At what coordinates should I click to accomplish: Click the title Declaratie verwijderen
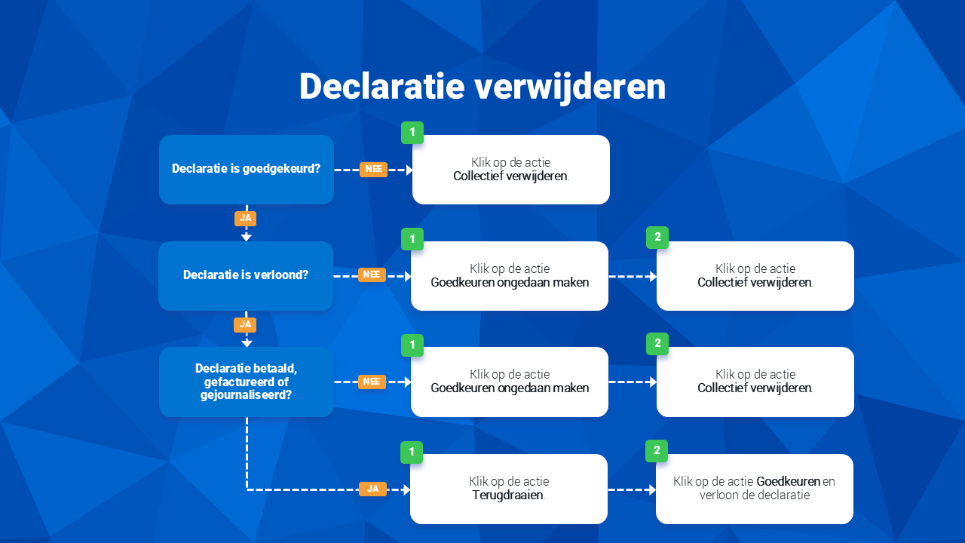coord(482,87)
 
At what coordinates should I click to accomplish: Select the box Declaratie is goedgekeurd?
coord(247,170)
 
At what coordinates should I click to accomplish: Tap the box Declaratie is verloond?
coord(246,276)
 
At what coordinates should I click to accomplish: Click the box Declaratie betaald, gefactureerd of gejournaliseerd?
coord(247,382)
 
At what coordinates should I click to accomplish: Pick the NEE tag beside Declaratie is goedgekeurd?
coord(373,170)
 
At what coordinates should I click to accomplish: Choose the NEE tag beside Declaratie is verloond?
coord(372,275)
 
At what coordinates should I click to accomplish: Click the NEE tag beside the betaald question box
coord(372,382)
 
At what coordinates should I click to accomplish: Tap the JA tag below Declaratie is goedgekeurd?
coord(246,219)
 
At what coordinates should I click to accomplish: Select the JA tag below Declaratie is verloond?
coord(245,325)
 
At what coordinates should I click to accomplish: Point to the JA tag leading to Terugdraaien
coord(372,489)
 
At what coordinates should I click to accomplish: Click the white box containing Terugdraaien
coord(509,489)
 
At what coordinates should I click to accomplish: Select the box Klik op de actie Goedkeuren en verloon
coord(755,489)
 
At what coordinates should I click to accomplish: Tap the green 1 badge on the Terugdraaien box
coord(412,452)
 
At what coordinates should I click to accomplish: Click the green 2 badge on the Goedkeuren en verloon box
coord(657,451)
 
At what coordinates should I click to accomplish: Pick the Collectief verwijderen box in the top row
coord(511,170)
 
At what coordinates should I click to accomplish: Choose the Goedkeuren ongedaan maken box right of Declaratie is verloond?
coord(510,276)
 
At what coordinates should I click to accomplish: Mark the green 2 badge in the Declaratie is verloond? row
coord(657,238)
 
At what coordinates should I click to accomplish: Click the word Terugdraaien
coord(507,495)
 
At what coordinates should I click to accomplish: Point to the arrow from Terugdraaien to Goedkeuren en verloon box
coord(632,489)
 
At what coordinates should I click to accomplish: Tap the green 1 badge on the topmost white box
coord(412,133)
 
